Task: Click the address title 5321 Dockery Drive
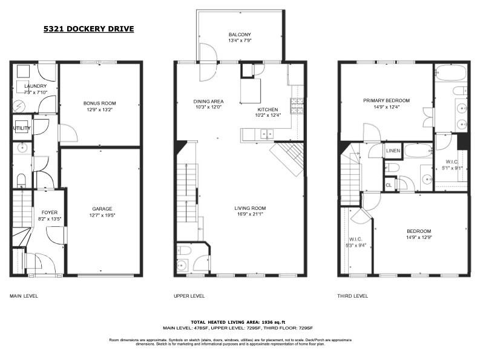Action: tap(88, 28)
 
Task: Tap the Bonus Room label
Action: tap(99, 103)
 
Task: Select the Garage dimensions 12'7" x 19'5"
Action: tap(102, 214)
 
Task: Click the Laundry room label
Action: tap(35, 86)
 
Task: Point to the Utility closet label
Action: tap(22, 128)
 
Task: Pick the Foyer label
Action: tap(50, 212)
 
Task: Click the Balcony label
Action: tap(240, 34)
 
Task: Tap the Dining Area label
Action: tap(208, 101)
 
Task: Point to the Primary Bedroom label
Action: tap(386, 100)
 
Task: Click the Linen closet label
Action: tap(392, 150)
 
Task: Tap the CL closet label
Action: tap(389, 185)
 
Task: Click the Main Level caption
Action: tap(24, 296)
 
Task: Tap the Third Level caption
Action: tap(352, 296)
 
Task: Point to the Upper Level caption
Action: tap(189, 296)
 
